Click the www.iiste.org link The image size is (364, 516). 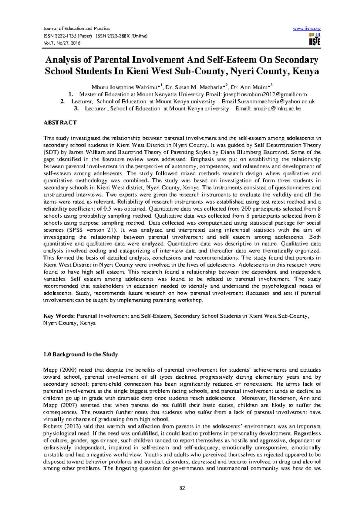[307, 29]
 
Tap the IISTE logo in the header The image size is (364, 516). [314, 40]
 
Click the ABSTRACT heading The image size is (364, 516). [60, 122]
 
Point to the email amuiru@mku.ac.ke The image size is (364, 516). [277, 108]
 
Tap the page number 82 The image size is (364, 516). [182, 488]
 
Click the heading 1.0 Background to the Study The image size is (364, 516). [80, 354]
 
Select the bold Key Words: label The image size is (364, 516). [59, 316]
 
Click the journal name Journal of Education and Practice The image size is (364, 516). [76, 29]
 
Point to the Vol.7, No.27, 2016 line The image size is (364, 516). [62, 43]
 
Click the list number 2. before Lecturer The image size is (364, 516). [62, 101]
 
